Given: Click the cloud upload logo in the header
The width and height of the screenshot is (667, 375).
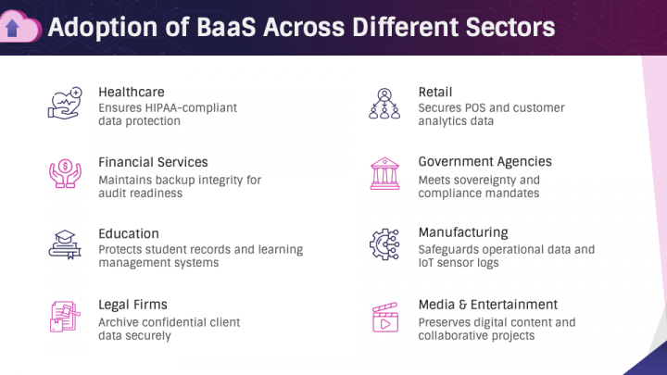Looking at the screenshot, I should coord(19,27).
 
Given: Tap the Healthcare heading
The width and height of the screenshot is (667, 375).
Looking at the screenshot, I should coord(132,92).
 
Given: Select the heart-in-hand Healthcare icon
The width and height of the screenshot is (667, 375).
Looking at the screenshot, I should coord(65,102).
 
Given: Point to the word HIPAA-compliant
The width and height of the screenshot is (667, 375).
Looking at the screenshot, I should coord(195,108).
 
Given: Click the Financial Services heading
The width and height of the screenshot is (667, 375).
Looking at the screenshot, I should coord(153,162).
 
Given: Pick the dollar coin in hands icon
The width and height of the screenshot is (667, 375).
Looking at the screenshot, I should coord(65,173).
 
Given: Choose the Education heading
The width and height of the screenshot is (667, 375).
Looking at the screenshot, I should coord(129,233).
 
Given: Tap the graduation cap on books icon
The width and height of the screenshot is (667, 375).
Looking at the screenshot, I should coord(65,244).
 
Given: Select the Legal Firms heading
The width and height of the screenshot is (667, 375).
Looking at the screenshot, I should coord(132,305).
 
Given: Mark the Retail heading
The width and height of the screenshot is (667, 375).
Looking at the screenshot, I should coord(435,92).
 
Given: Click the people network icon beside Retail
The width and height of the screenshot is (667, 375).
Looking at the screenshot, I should coord(384,103).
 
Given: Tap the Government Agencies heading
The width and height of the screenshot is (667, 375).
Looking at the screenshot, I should coord(485,162).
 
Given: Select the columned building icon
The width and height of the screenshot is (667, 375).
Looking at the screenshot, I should coord(384,173).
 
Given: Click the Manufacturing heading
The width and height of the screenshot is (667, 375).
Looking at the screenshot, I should coord(462,233).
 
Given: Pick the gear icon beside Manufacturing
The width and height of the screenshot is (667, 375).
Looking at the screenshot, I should coord(384,244).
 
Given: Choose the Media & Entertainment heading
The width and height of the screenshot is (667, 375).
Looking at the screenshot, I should coord(487,305).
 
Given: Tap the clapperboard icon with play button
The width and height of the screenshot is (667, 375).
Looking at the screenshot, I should coord(384,317).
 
